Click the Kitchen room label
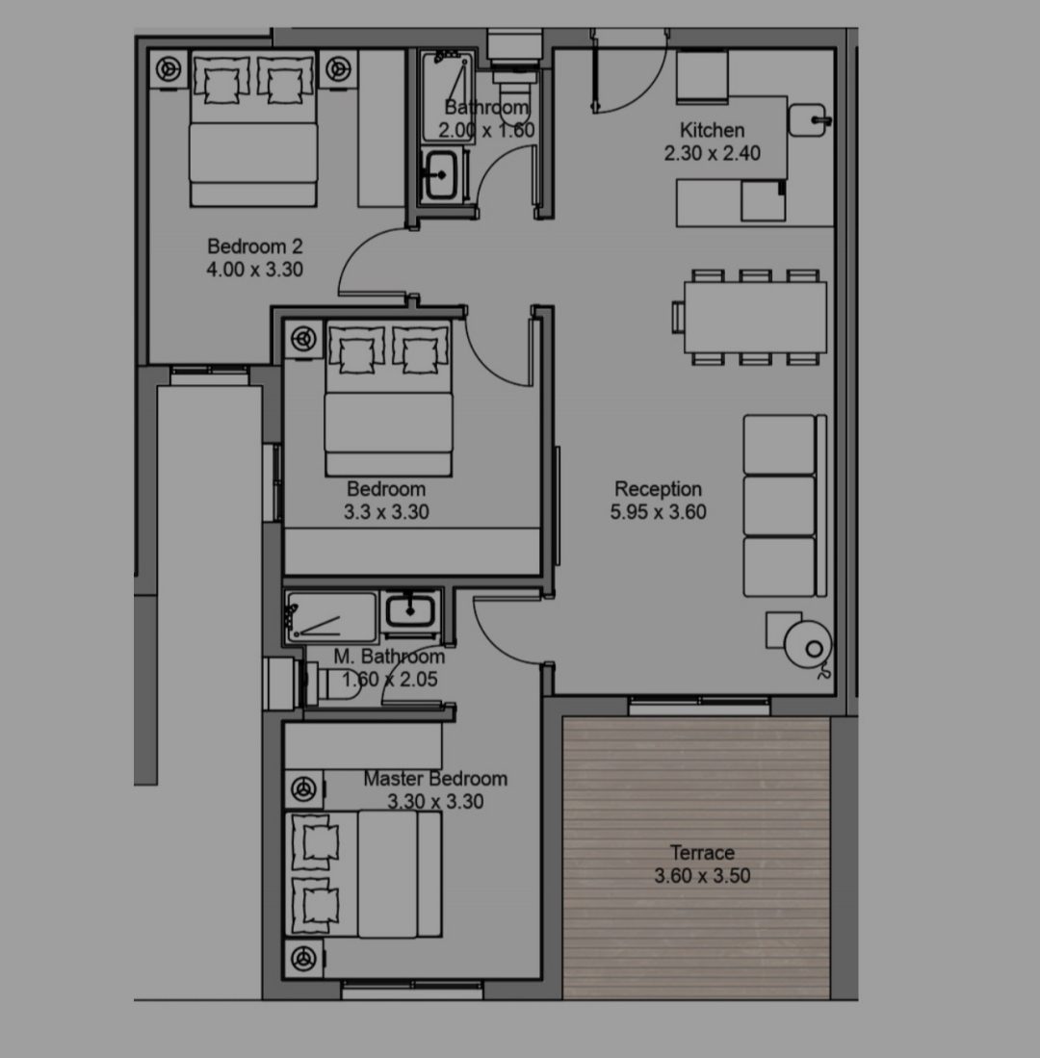(712, 130)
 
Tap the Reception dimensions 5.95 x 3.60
(658, 512)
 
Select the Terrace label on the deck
(702, 852)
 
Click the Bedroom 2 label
(254, 246)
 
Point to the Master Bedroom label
(435, 779)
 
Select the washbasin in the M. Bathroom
(409, 612)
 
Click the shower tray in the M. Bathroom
(330, 617)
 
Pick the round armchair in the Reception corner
(808, 645)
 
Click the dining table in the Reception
(755, 317)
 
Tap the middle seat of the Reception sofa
(779, 505)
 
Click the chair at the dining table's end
(678, 317)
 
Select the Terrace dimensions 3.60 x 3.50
(702, 876)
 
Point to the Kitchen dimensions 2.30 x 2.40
(712, 153)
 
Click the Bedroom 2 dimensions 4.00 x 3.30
(254, 270)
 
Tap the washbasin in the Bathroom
(441, 175)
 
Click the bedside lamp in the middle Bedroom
(303, 339)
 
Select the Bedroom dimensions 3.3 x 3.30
(386, 512)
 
